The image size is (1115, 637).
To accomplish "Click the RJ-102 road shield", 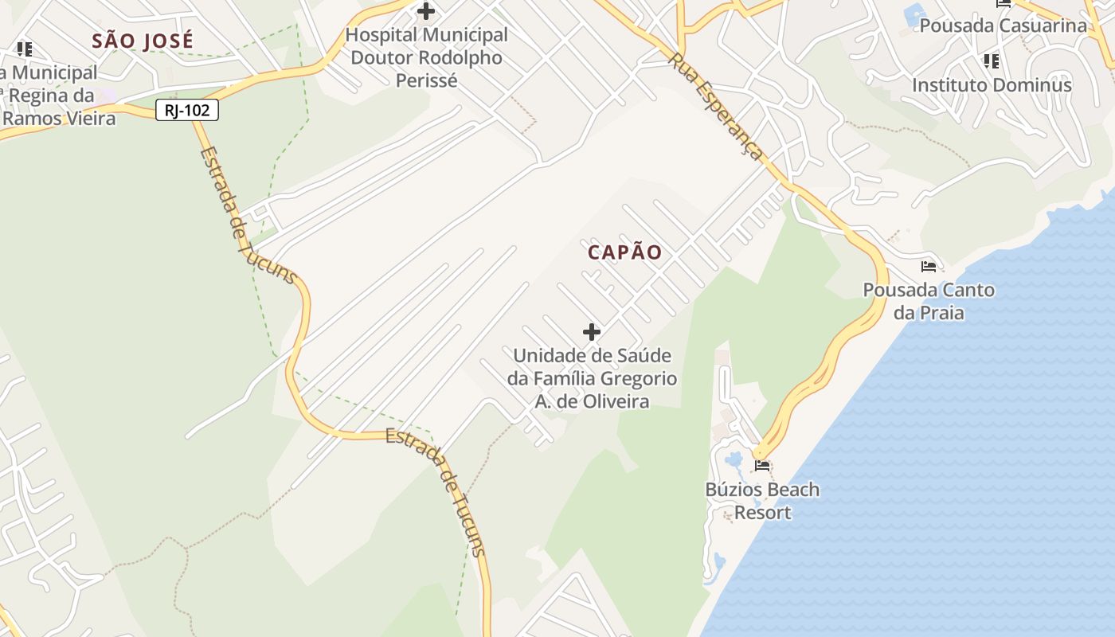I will (187, 110).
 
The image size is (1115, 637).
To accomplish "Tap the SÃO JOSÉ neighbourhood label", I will (143, 41).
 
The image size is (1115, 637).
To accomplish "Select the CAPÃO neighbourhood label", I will (625, 252).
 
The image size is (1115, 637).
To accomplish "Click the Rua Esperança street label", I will (715, 106).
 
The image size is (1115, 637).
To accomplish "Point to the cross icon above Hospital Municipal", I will (426, 11).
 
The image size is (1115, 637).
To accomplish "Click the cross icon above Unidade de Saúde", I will (592, 331).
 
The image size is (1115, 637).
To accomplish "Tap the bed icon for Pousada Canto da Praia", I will (929, 266).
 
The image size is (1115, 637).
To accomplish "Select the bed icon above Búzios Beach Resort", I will (762, 465).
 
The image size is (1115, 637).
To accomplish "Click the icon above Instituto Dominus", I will (992, 61).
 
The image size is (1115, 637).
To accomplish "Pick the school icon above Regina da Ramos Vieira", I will (25, 49).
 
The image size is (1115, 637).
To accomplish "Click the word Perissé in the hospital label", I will (427, 80).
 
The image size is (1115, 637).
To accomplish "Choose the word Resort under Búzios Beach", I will (762, 512).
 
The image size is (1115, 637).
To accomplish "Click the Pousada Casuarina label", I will (1003, 25).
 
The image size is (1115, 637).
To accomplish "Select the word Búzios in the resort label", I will (729, 490).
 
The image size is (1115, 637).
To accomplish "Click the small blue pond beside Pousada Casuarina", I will (914, 14).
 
